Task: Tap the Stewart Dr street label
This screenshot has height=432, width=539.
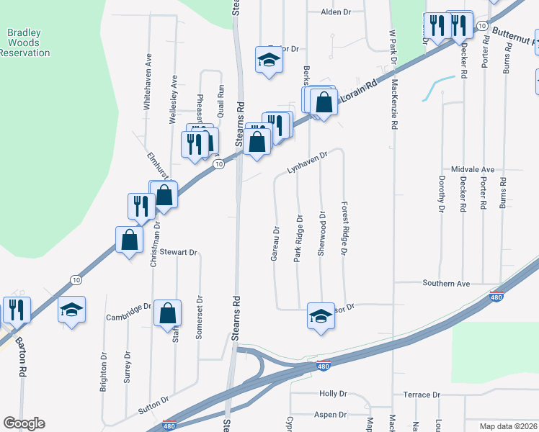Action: tap(179, 252)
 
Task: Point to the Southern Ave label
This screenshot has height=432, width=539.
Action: tap(446, 284)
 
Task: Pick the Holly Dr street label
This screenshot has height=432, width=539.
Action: tap(333, 394)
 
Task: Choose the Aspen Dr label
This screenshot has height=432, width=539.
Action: tap(331, 415)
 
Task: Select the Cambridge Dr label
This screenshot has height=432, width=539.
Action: tap(128, 306)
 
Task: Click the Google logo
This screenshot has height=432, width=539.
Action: tap(24, 423)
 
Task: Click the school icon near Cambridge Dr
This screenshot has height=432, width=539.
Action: tap(71, 310)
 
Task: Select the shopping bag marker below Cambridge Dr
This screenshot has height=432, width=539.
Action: tap(167, 314)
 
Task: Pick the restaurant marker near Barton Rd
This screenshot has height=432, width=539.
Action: tap(17, 310)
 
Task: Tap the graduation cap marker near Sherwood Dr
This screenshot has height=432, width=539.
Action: tap(321, 315)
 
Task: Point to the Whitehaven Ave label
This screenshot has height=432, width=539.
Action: tap(147, 90)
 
